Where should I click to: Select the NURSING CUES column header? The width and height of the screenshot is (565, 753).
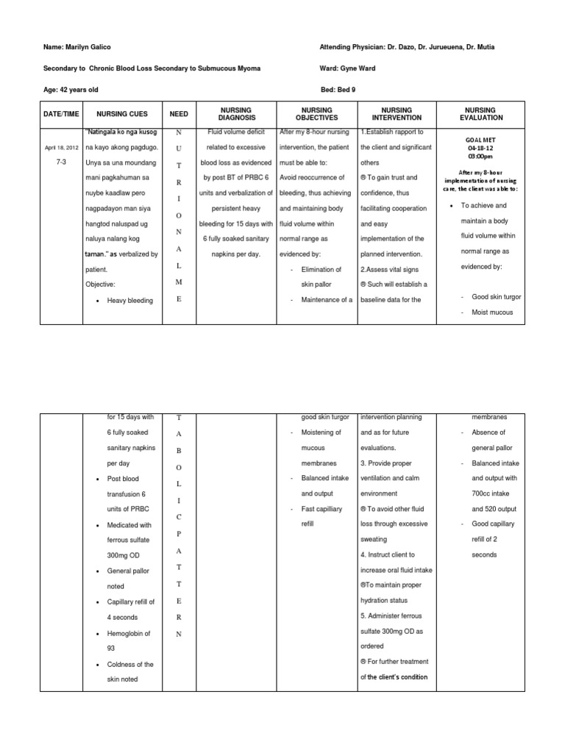click(122, 114)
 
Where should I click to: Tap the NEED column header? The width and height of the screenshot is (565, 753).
click(179, 114)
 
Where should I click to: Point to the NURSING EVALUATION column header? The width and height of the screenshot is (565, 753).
click(481, 114)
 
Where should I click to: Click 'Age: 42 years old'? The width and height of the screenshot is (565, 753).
click(71, 89)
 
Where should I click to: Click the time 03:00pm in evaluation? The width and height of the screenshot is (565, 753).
click(482, 157)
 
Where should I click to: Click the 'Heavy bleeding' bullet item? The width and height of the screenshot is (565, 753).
click(130, 301)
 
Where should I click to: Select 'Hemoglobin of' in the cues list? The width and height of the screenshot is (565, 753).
click(130, 633)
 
